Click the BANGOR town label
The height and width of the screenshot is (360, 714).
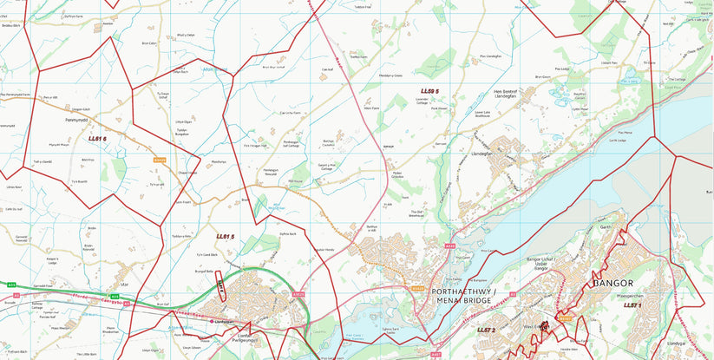612,284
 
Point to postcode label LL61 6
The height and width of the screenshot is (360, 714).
97,138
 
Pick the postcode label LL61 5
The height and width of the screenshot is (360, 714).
226,237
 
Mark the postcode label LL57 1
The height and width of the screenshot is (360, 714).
632,305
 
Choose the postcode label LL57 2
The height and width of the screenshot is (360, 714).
486,330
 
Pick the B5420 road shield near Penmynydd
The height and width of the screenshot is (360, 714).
159,160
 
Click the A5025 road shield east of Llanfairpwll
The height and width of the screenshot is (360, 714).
298,294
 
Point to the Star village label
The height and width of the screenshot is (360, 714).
125,284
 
